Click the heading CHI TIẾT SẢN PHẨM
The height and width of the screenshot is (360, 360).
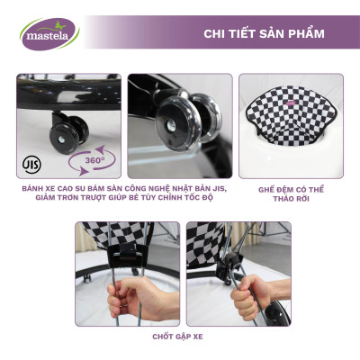(x=264, y=34)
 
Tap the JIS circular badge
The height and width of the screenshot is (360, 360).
(x=31, y=166)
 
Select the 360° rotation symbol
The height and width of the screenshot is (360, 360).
(x=90, y=163)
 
